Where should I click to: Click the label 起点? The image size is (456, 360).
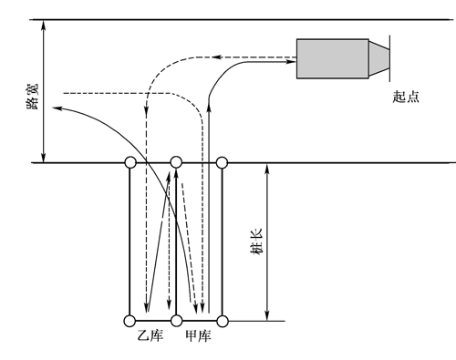coord(406,97)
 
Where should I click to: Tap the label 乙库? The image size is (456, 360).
coord(150,336)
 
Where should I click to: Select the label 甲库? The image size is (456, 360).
coord(198,336)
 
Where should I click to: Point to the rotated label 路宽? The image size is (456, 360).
coord(33,97)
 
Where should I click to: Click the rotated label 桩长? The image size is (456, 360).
coord(255,242)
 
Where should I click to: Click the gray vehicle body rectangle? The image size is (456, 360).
coord(333,58)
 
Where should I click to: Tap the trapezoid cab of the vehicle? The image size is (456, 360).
coord(379,58)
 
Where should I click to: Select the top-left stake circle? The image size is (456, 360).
coord(130,162)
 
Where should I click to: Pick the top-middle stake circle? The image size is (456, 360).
coord(176,162)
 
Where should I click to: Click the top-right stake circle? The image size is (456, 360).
coord(222,162)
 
